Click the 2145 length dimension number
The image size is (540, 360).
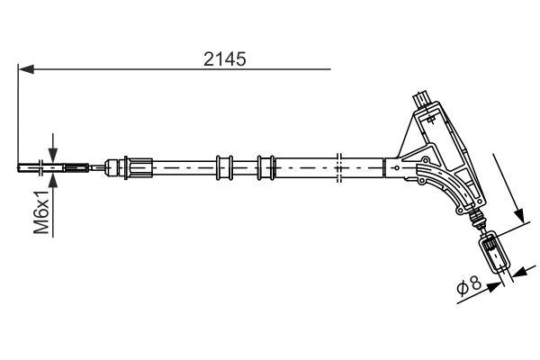[x=226, y=58]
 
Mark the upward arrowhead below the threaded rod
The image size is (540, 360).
[x=54, y=179]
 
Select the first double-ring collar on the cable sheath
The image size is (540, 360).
[x=224, y=166]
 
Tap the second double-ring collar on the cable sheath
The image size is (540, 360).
[x=265, y=166]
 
